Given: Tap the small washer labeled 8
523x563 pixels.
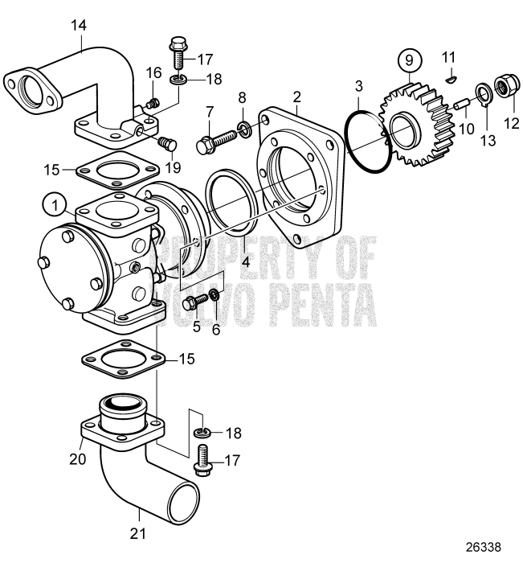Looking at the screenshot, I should coord(243,128).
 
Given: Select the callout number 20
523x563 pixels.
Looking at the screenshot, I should coord(84,443).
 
